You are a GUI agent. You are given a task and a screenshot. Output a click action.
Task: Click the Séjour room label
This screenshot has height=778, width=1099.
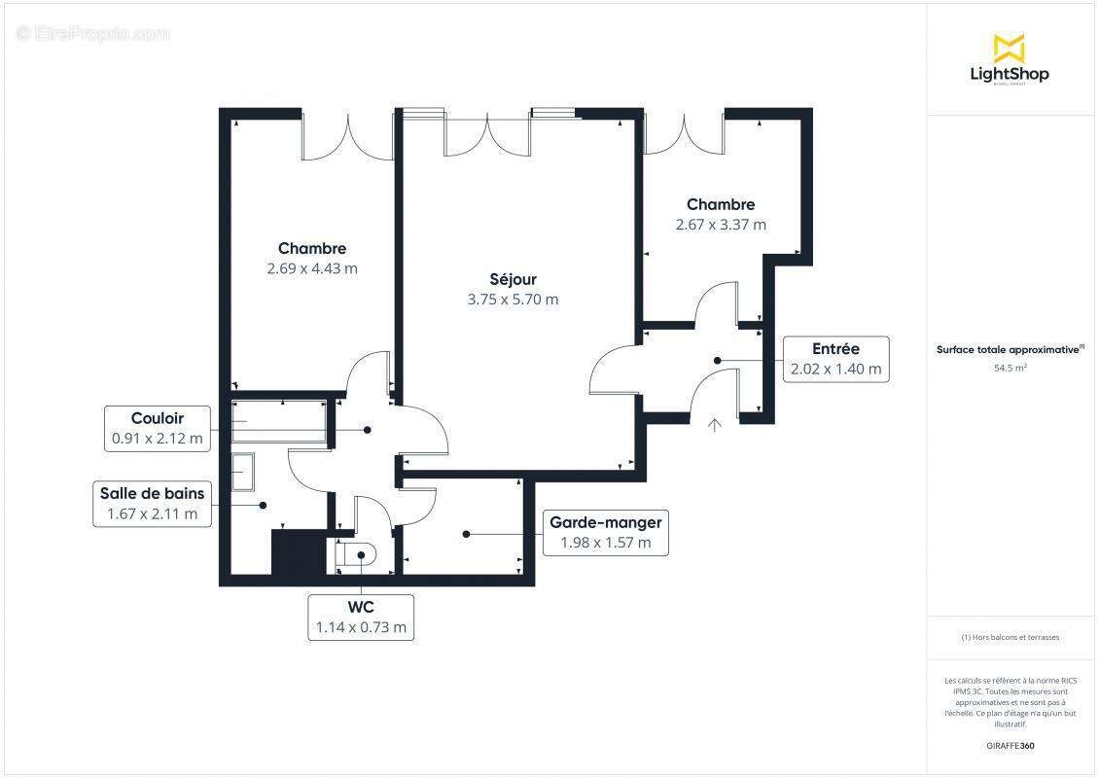(513, 279)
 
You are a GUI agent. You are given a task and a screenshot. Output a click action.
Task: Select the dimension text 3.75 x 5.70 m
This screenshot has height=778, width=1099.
(513, 300)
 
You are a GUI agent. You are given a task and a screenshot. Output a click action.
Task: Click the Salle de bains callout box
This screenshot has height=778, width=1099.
(152, 504)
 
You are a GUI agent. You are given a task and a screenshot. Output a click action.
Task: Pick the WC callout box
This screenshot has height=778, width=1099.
(361, 618)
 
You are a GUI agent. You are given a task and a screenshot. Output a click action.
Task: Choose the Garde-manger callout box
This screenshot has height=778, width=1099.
(605, 533)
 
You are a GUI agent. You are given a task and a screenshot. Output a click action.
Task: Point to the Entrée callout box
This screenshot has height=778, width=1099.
(835, 359)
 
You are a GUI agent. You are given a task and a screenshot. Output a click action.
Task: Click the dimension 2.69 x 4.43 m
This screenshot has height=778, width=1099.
(312, 268)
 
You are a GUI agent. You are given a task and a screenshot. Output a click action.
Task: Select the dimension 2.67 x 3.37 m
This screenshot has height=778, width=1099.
(721, 225)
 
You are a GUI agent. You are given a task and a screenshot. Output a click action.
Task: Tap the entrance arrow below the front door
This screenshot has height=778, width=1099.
(715, 424)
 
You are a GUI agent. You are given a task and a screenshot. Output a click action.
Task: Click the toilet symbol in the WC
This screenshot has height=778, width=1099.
(355, 554)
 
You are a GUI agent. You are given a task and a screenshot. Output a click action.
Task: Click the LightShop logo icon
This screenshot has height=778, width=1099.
(1009, 48)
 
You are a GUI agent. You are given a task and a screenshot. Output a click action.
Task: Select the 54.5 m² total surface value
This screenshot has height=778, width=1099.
(1010, 369)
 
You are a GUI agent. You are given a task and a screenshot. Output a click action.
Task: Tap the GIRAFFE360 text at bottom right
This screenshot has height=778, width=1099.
(1010, 746)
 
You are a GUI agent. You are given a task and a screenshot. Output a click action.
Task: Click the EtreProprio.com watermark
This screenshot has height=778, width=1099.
(93, 33)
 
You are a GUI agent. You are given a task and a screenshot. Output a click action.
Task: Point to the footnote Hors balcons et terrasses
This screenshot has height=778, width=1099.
(1010, 638)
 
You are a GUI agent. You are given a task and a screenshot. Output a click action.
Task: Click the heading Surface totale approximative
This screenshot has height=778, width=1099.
(1010, 349)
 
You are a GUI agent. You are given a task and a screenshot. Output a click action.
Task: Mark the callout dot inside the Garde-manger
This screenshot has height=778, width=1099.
(467, 533)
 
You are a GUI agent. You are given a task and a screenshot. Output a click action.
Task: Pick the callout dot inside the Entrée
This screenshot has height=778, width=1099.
(718, 360)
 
